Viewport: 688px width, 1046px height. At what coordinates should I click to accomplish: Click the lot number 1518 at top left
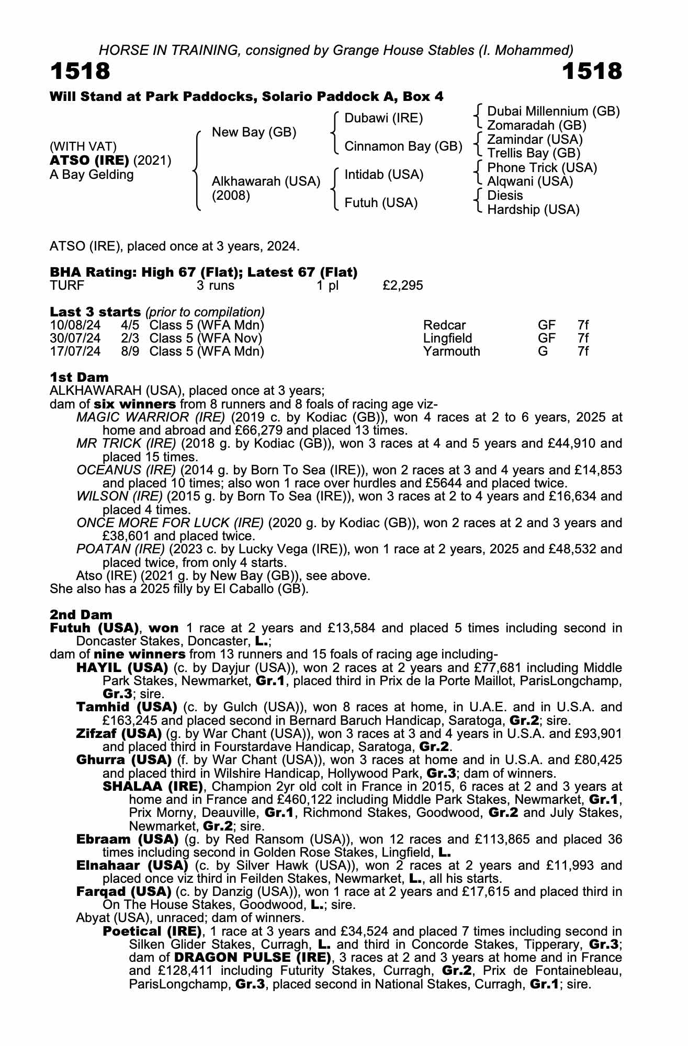tap(80, 72)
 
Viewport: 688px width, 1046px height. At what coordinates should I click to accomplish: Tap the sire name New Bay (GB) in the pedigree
tap(254, 132)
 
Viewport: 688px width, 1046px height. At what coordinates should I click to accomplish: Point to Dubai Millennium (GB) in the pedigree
tap(553, 111)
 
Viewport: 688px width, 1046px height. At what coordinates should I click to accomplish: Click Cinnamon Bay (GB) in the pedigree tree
tap(403, 146)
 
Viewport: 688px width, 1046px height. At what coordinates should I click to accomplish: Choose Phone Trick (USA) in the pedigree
tap(542, 168)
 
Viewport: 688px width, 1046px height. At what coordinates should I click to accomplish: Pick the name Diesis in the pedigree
tap(505, 196)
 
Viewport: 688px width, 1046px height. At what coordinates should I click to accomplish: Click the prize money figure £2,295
tap(403, 286)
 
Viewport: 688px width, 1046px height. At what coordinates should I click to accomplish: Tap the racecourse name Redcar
tap(444, 325)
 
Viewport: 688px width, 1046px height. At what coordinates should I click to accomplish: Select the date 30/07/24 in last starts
tap(75, 338)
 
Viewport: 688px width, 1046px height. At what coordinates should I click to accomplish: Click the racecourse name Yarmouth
tap(452, 351)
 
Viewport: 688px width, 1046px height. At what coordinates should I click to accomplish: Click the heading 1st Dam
tap(79, 377)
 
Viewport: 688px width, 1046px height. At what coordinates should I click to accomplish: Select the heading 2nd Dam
tap(81, 615)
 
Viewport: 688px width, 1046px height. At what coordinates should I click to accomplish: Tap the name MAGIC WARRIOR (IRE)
tap(151, 417)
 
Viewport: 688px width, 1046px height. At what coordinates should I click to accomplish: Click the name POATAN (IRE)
tap(120, 549)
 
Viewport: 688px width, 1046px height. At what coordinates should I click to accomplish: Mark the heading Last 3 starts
tap(95, 312)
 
